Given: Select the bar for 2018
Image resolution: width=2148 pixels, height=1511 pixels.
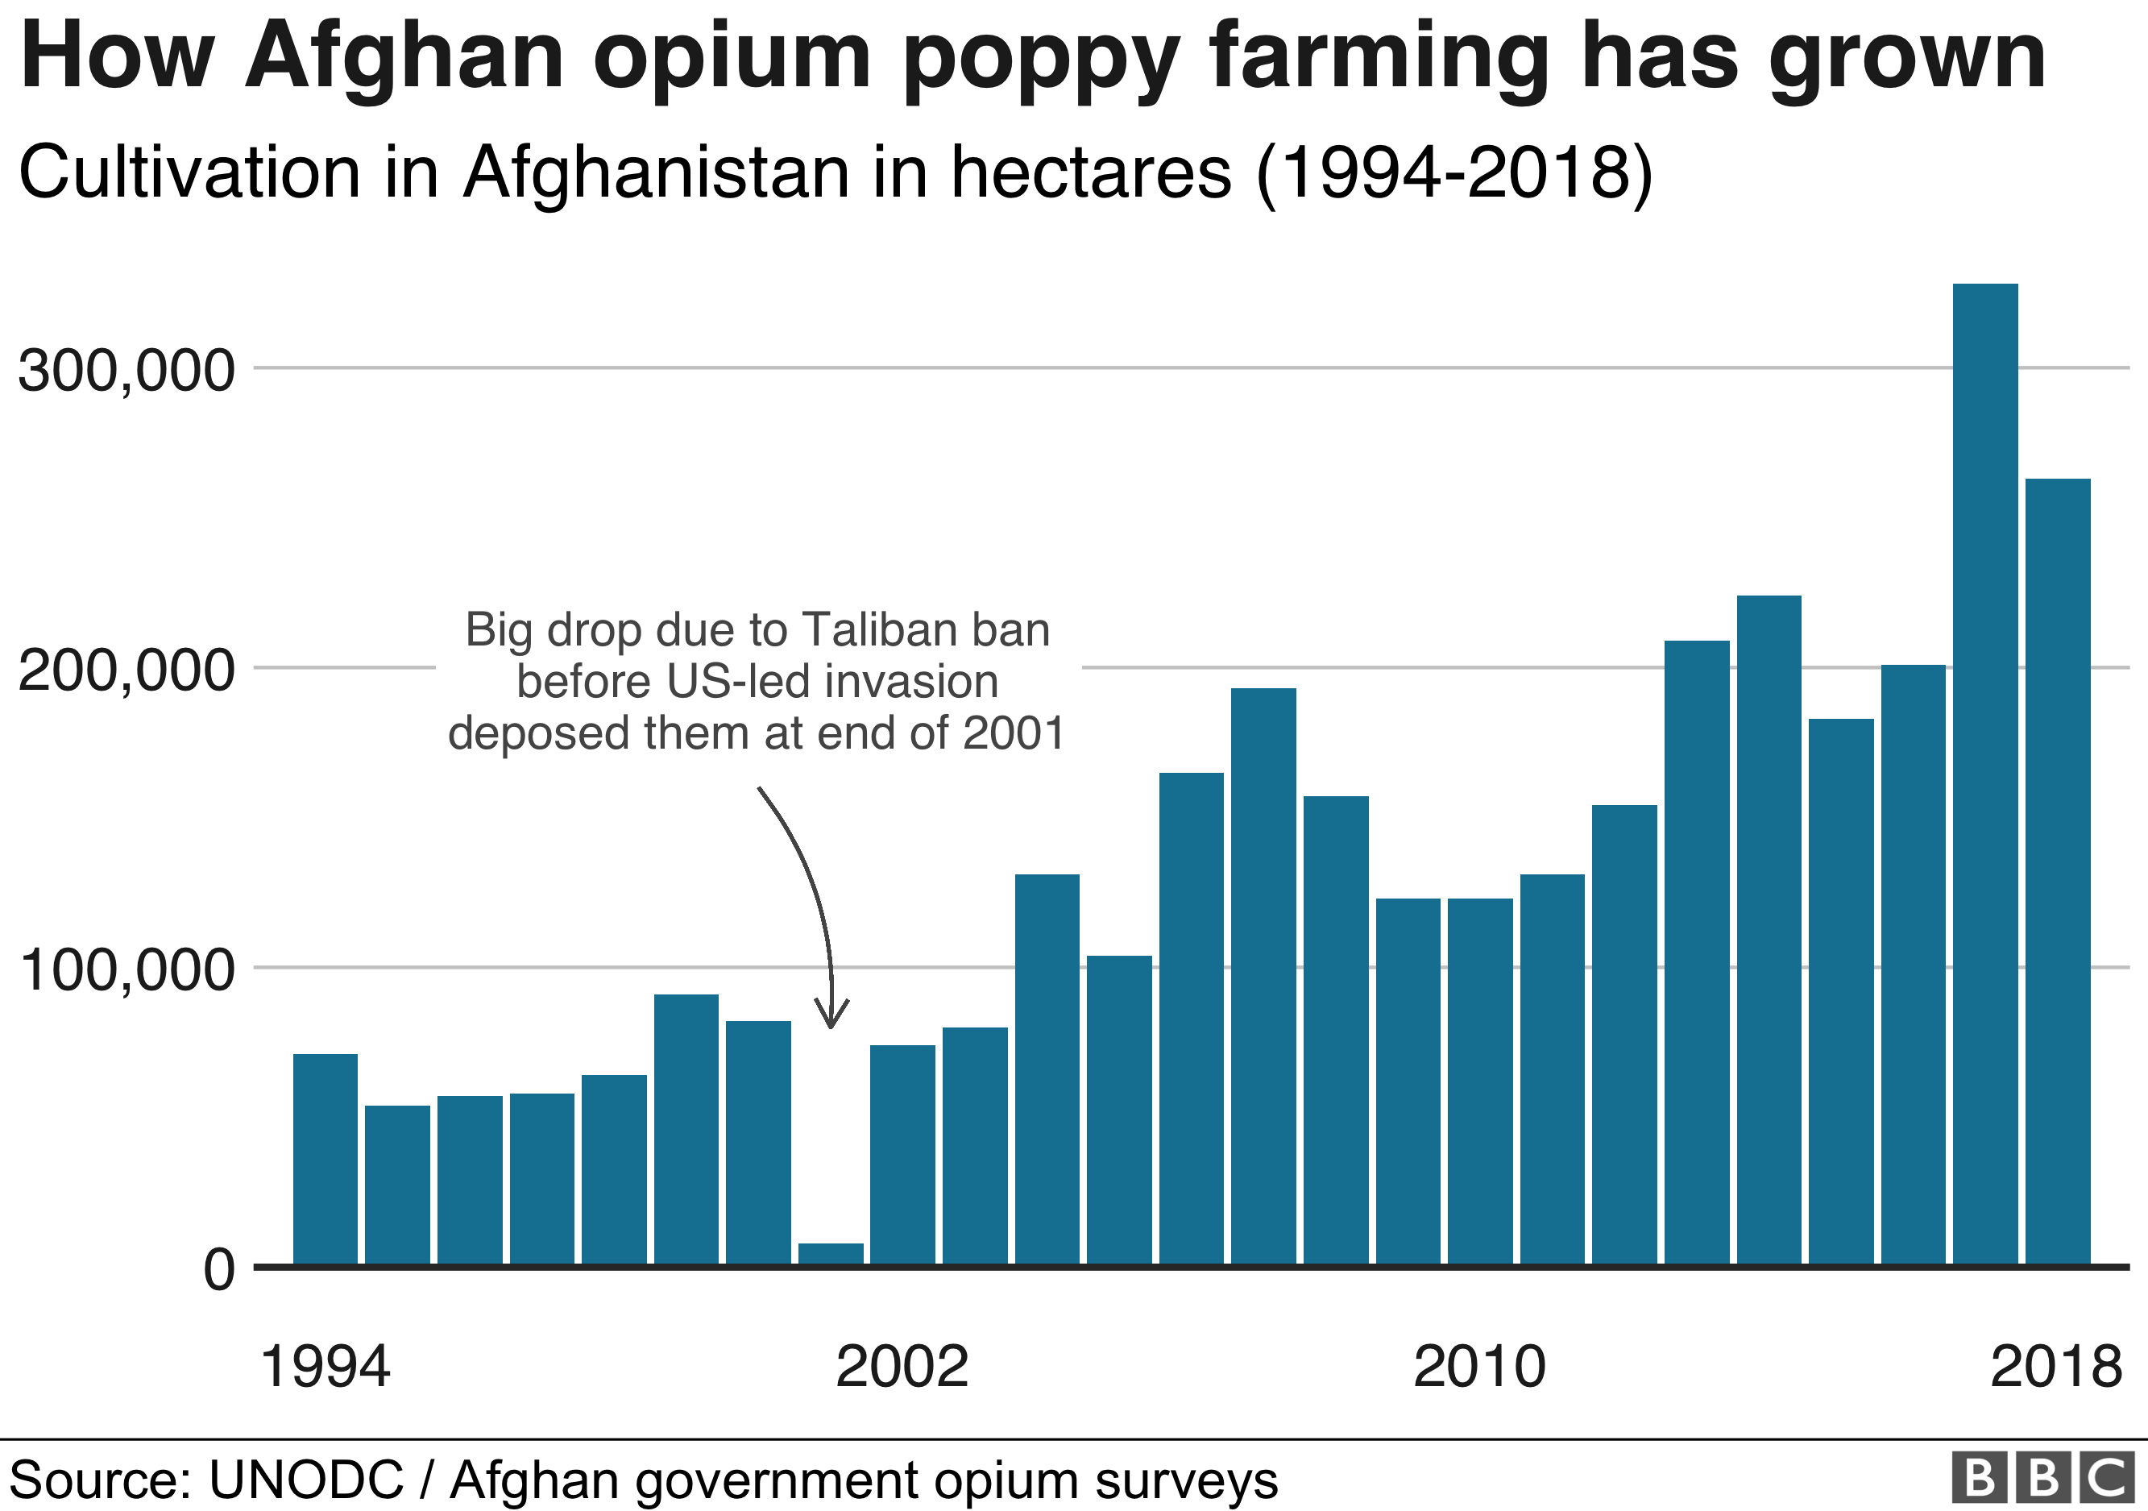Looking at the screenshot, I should point(2057,871).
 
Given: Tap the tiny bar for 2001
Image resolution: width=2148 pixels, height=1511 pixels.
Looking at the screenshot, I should point(830,1254).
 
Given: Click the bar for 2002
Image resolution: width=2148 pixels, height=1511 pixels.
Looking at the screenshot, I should point(902,1155).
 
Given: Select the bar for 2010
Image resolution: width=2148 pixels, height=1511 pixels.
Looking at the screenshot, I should point(1479,1081).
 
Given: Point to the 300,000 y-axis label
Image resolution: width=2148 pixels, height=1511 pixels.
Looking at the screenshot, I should point(126,371).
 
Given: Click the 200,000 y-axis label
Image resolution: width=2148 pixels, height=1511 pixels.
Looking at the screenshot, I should point(126,670).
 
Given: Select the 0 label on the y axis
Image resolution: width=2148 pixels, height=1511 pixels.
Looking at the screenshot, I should point(219,1269).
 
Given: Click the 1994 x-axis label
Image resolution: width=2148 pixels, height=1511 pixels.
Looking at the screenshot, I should point(325,1367).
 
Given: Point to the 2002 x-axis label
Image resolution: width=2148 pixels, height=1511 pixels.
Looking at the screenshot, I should point(902,1367).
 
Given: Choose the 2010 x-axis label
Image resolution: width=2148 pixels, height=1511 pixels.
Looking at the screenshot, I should point(1479,1367).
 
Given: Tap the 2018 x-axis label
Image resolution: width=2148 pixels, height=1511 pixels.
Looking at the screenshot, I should point(2055,1367).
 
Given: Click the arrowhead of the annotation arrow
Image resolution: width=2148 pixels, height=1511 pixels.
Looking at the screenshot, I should point(831,1019).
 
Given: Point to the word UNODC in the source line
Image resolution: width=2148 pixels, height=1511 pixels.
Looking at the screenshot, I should point(306,1480).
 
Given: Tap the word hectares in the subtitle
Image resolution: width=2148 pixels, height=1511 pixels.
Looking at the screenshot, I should point(1091,173).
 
